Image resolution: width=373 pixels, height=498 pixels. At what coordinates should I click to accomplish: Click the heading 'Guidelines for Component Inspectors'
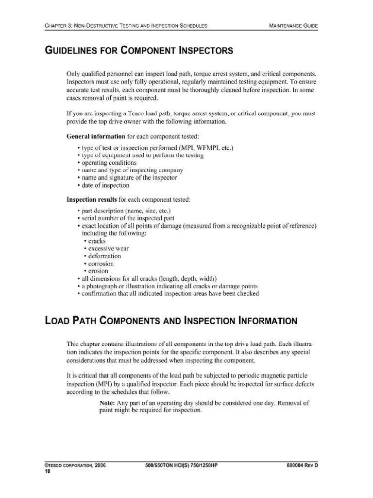[139, 50]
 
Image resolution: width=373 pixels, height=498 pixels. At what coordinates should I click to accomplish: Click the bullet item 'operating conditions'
[102, 163]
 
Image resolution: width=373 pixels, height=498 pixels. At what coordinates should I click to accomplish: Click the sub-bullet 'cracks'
[97, 241]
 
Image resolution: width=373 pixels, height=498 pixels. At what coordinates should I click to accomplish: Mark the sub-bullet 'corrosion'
[101, 264]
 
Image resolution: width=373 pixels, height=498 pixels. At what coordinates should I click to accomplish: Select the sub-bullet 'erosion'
[98, 271]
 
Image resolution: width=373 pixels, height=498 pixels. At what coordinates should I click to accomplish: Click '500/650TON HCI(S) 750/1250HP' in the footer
[181, 465]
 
